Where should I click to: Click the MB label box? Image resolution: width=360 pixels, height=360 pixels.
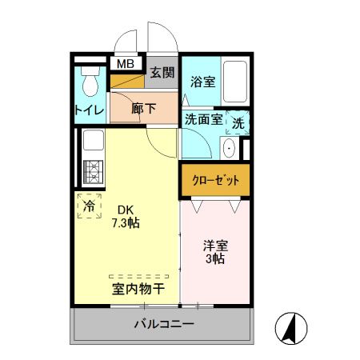126,63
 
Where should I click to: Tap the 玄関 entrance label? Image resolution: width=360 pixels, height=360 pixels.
162,72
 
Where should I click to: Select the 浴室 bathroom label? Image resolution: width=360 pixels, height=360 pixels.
202,81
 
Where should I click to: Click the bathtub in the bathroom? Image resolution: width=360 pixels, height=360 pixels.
235,82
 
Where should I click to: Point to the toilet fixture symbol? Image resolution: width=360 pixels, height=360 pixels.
90,81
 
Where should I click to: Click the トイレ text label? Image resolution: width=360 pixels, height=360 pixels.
90,110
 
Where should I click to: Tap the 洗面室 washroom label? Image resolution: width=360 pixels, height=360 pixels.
202,121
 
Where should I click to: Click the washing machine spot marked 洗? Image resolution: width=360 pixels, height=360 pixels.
238,122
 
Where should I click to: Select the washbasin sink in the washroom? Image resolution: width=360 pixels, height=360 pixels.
229,148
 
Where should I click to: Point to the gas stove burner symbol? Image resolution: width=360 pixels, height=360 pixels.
91,172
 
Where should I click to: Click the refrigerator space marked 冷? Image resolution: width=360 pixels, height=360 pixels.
89,205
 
